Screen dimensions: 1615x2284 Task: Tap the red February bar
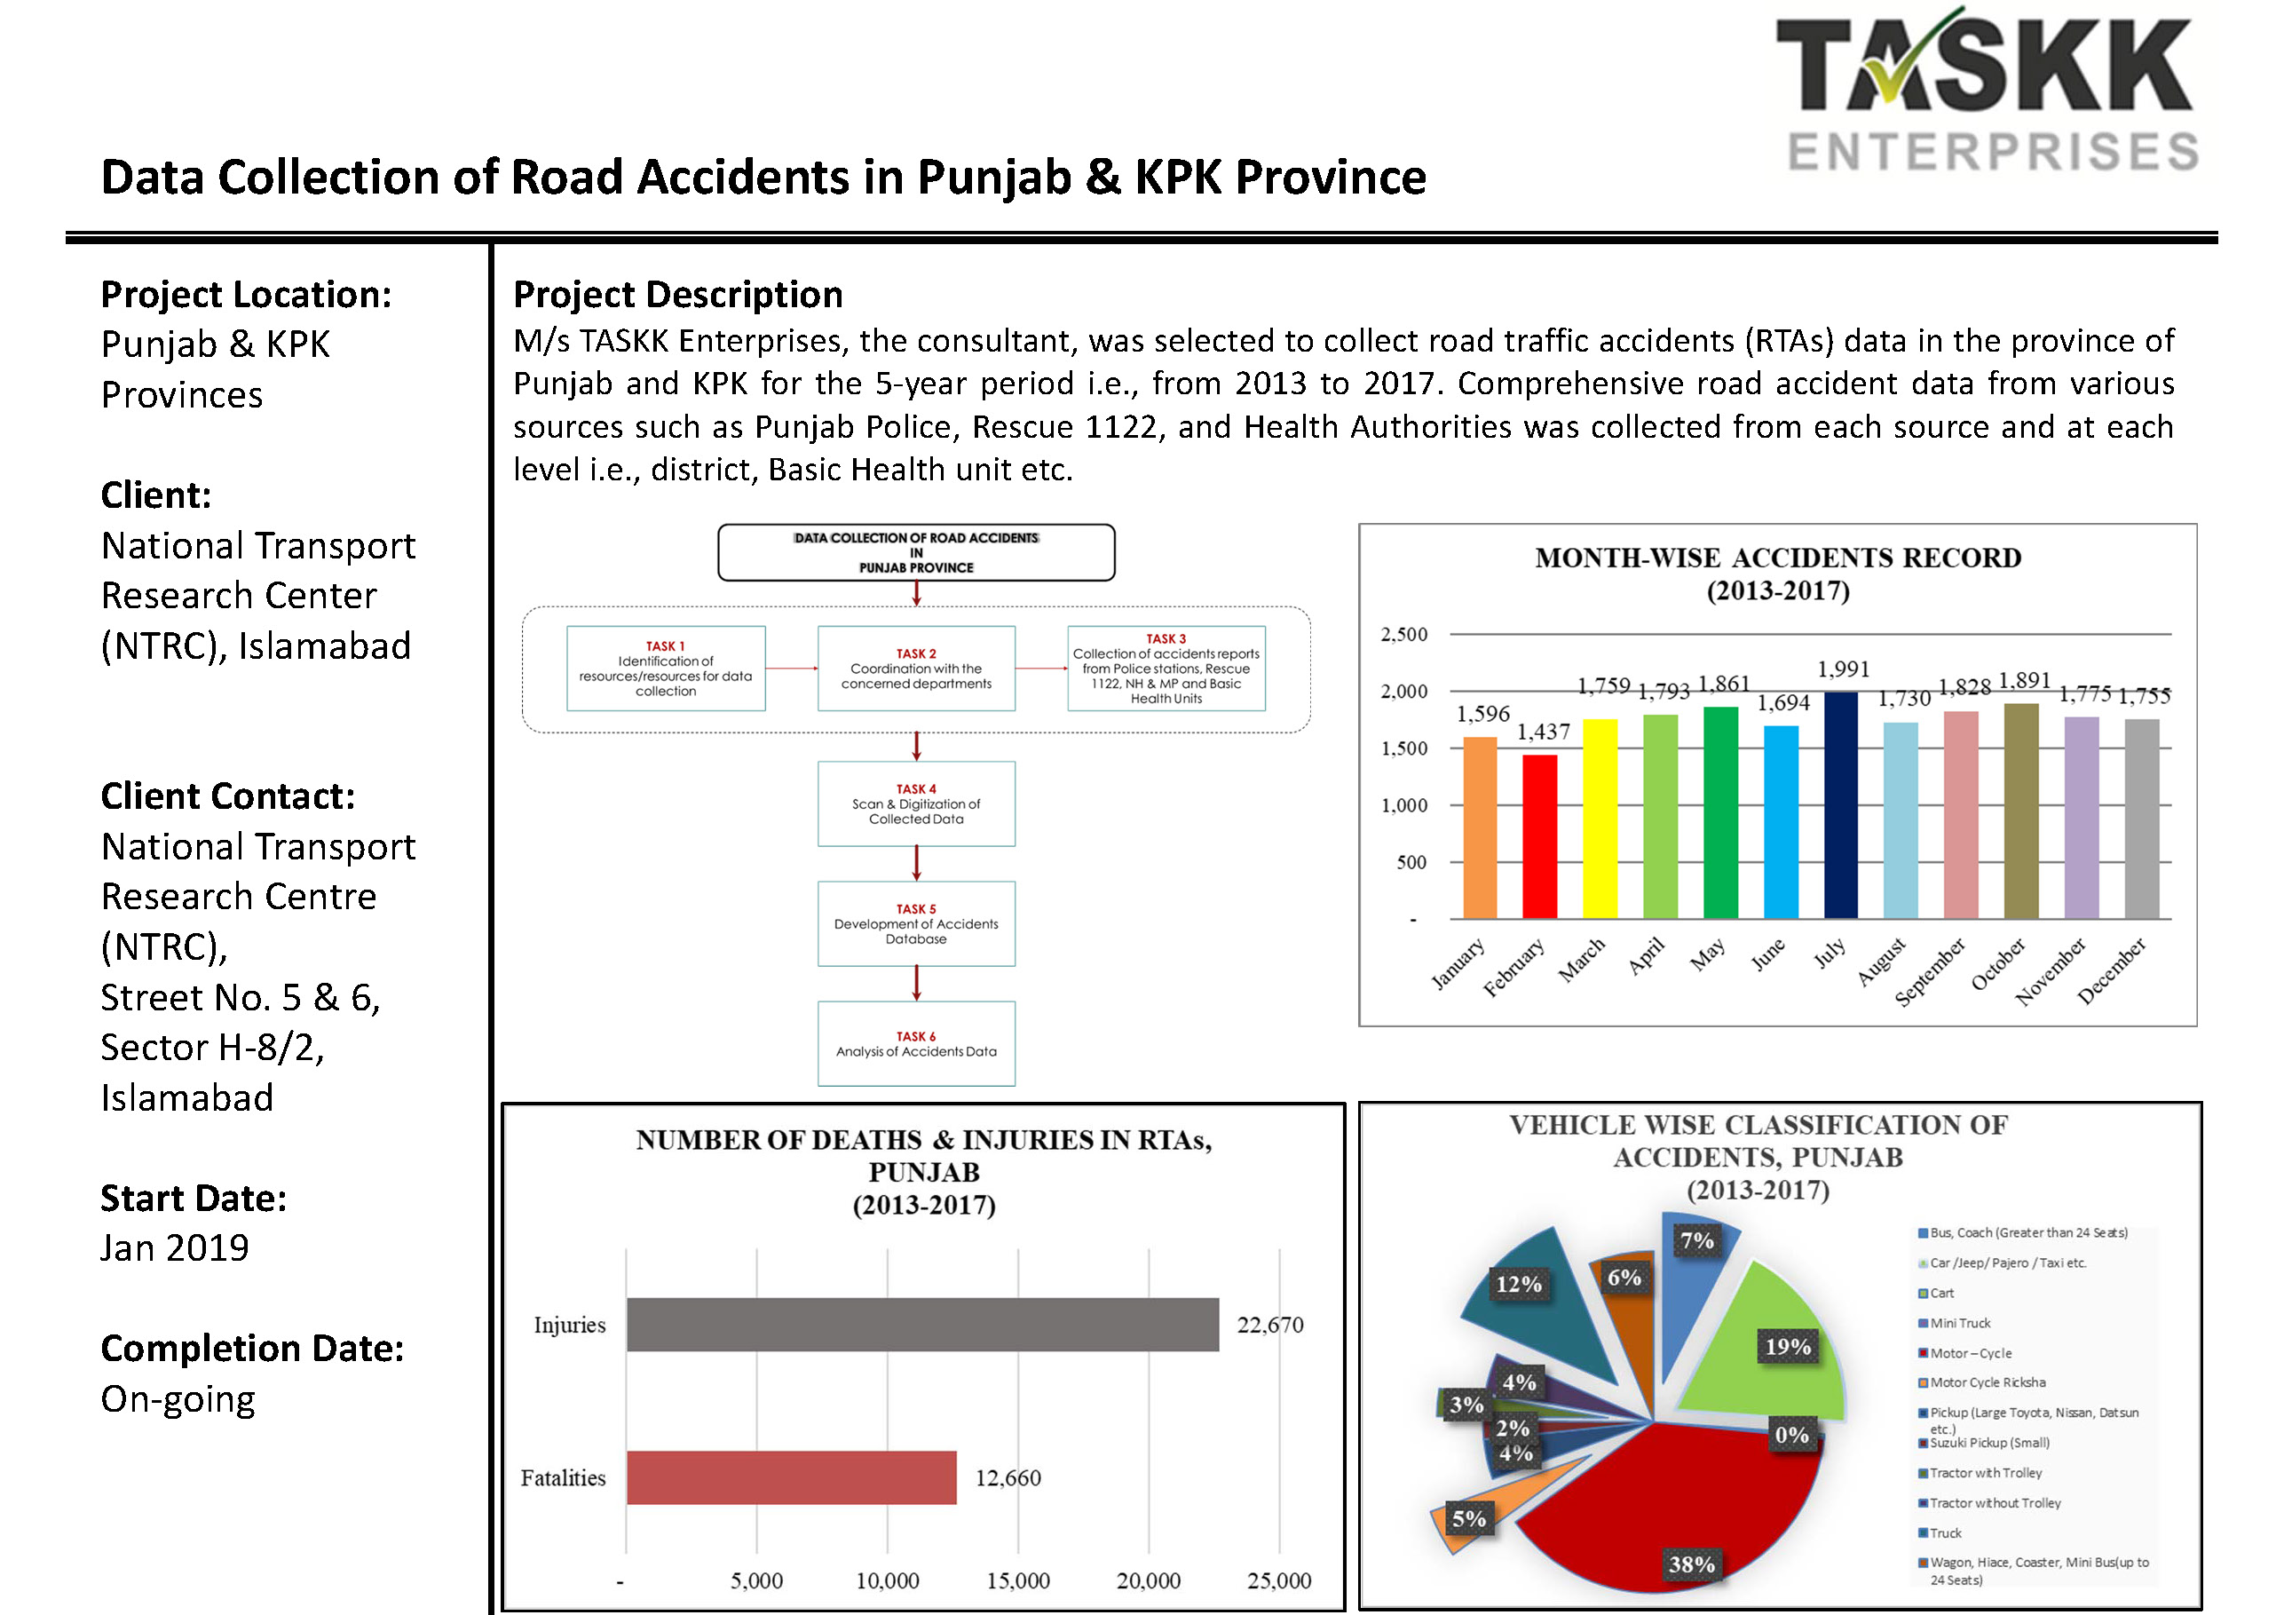pos(1539,835)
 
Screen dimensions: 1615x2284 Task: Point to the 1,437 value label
pos(1543,732)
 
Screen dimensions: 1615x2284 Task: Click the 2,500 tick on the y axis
pos(1403,634)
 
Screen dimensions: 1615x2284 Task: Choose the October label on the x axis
pos(1997,963)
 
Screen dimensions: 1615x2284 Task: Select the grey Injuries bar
pos(921,1325)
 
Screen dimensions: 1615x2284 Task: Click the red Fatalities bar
pos(791,1477)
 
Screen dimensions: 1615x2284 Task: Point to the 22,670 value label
pos(1269,1325)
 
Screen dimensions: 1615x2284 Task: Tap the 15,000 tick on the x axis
pos(1017,1580)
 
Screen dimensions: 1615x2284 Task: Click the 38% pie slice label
pos(1691,1564)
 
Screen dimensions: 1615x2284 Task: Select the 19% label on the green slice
pos(1788,1346)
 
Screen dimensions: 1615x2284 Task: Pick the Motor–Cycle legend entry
pos(1970,1353)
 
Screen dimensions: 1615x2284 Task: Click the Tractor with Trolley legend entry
pos(1985,1473)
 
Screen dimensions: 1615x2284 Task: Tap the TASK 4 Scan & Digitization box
pos(916,804)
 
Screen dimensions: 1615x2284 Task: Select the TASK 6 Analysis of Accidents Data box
pos(916,1044)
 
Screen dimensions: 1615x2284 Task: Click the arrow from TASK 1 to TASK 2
pos(792,669)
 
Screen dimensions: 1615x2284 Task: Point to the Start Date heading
pos(193,1198)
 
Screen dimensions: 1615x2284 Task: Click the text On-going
pos(178,1399)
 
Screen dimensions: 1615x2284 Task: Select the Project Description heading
pos(677,295)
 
